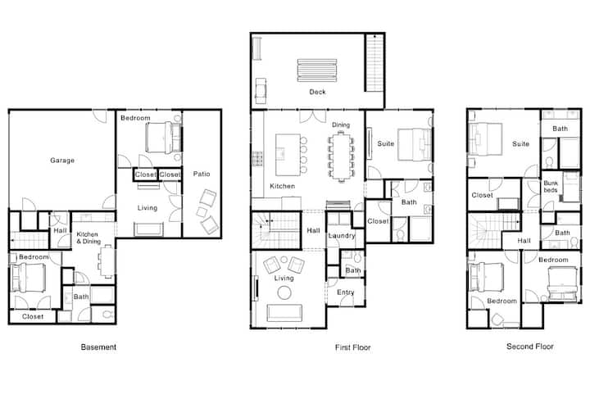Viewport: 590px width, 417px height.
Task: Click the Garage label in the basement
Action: pyautogui.click(x=62, y=161)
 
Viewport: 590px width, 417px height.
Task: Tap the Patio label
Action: pyautogui.click(x=202, y=174)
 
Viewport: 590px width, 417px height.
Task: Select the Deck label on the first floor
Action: pyautogui.click(x=317, y=92)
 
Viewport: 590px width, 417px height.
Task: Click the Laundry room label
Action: pyautogui.click(x=342, y=236)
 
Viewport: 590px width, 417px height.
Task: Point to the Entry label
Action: pyautogui.click(x=346, y=292)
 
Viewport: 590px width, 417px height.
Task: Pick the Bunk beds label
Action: pyautogui.click(x=551, y=187)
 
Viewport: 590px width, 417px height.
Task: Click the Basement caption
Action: pyautogui.click(x=98, y=347)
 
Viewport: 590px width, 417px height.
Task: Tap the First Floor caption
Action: pyautogui.click(x=353, y=347)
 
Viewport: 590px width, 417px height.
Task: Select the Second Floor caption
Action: pyautogui.click(x=530, y=347)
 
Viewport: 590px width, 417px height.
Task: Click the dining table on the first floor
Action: pyautogui.click(x=341, y=156)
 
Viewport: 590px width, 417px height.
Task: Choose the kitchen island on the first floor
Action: pyautogui.click(x=288, y=155)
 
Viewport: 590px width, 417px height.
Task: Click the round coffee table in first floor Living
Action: pyautogui.click(x=284, y=292)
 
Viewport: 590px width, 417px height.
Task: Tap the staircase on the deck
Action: pyautogui.click(x=374, y=62)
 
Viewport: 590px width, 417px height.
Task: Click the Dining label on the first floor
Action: pyautogui.click(x=341, y=125)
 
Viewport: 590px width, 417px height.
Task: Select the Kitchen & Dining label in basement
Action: pyautogui.click(x=88, y=238)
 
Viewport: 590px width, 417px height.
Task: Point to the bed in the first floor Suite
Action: pyautogui.click(x=415, y=145)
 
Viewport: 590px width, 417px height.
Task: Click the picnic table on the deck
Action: pyautogui.click(x=317, y=70)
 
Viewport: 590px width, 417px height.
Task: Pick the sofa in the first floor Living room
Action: pyautogui.click(x=284, y=313)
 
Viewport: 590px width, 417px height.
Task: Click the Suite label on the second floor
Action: pyautogui.click(x=520, y=143)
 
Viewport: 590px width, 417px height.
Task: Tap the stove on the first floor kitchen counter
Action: pyautogui.click(x=258, y=158)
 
